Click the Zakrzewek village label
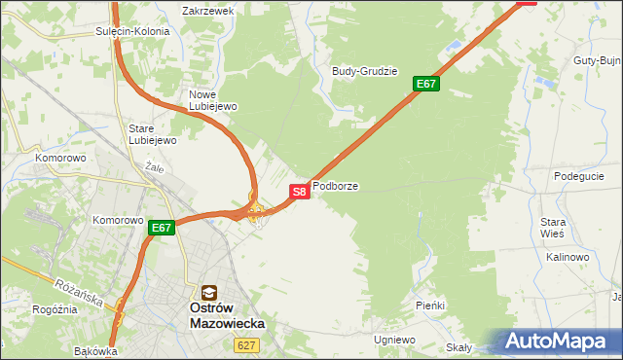click(x=208, y=11)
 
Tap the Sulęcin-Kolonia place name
click(x=132, y=31)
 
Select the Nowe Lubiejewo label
click(x=206, y=100)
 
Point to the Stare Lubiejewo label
click(x=152, y=134)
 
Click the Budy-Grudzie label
click(x=364, y=71)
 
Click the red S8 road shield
click(x=300, y=192)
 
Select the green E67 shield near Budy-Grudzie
click(x=426, y=84)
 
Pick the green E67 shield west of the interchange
click(x=162, y=229)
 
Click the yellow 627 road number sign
click(x=245, y=344)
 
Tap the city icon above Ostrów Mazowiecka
click(x=208, y=292)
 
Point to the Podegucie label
click(x=578, y=176)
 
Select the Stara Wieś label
click(x=553, y=228)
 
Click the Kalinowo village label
click(x=568, y=257)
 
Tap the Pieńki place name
click(x=429, y=306)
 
